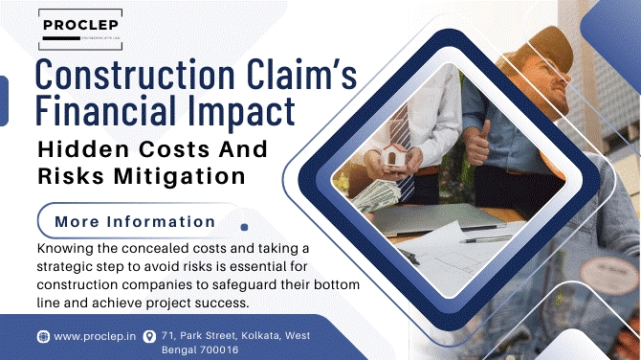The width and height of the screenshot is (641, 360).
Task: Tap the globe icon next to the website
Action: point(43,337)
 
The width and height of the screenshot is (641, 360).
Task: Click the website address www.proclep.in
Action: point(94,337)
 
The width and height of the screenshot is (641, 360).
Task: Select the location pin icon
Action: point(149,337)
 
